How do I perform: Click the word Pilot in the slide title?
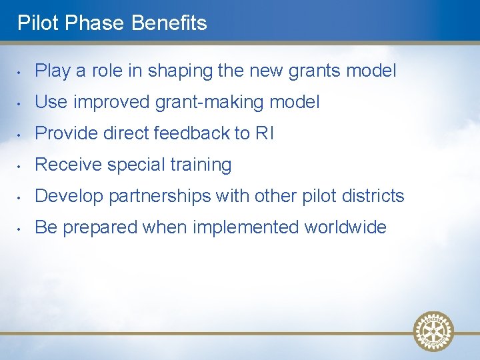pos(33,23)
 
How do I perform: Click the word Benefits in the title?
pos(169,23)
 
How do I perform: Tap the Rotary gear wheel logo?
pos(433,331)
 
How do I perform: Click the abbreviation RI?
pos(265,133)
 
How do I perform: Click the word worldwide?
pos(345,227)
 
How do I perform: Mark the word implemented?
pos(246,228)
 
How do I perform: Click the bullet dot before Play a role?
pos(20,71)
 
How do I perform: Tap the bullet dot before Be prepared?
pos(20,228)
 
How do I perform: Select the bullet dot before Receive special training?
pos(20,165)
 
